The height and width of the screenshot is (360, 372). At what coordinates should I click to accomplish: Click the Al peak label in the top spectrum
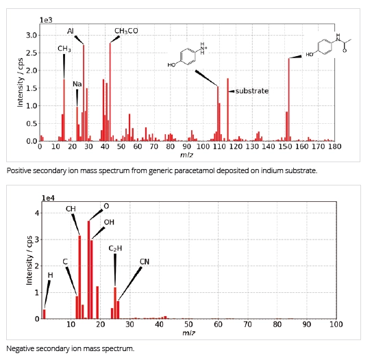click(71, 31)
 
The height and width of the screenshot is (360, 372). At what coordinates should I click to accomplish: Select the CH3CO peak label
click(126, 31)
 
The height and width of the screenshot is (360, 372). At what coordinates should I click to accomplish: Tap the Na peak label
click(77, 83)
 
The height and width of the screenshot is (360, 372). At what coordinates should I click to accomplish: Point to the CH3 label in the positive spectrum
click(64, 49)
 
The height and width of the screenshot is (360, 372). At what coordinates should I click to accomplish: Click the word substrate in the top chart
click(251, 90)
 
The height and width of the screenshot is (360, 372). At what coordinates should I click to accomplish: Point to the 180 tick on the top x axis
click(334, 146)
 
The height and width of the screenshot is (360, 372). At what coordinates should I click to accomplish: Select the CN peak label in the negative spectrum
click(144, 261)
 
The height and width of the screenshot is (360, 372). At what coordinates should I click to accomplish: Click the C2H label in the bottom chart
click(115, 247)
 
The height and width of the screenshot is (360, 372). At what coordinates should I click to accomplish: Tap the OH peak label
click(109, 222)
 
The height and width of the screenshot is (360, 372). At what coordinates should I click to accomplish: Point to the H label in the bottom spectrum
click(49, 274)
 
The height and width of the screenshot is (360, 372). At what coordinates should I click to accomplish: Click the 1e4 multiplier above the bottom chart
click(49, 198)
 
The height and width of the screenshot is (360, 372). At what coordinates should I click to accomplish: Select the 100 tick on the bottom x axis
click(336, 324)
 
